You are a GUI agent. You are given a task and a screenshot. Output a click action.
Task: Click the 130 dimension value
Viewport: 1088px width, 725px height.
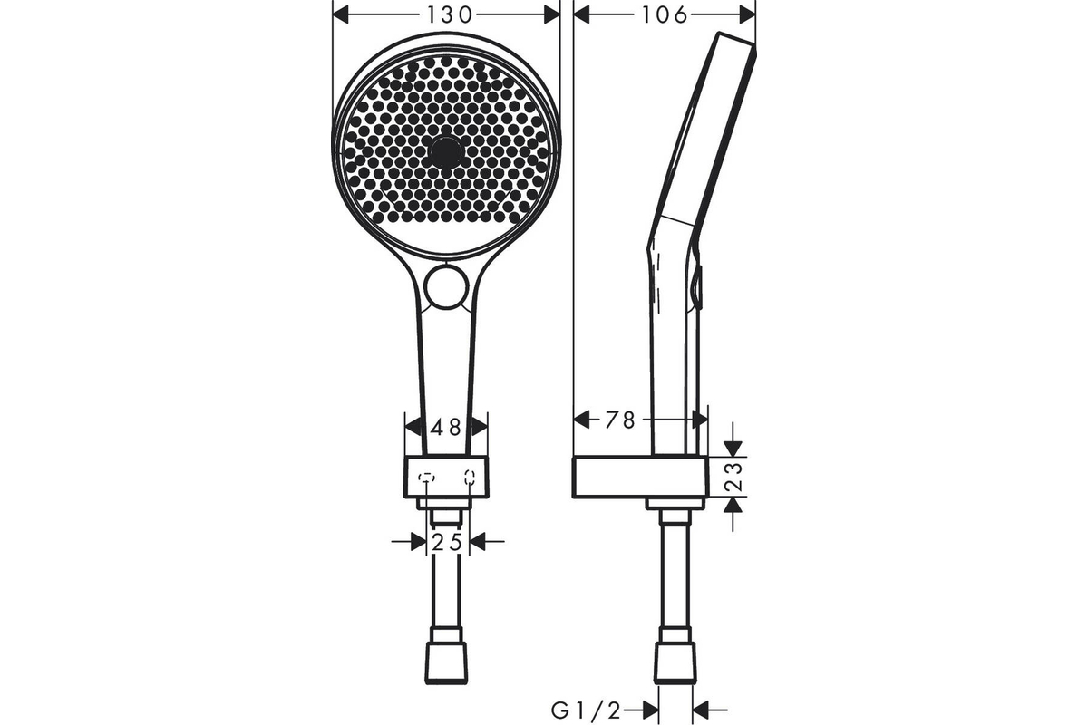(450, 15)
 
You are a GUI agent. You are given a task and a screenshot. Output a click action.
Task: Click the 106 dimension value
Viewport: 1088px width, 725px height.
(665, 15)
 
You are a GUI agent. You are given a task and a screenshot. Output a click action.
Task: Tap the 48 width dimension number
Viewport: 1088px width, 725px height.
(446, 428)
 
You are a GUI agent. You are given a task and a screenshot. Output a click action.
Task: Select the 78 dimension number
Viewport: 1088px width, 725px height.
(620, 420)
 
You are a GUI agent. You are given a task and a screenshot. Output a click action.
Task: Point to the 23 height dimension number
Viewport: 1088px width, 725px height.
(736, 478)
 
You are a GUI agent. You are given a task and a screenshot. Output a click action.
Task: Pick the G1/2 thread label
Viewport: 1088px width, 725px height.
(587, 711)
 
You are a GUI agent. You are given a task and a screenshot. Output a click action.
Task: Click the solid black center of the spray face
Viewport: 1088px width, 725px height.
(446, 152)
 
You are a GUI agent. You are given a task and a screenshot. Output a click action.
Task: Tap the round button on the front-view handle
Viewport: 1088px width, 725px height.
(446, 287)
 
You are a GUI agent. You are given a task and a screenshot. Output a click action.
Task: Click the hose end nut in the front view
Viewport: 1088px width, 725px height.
(446, 662)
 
